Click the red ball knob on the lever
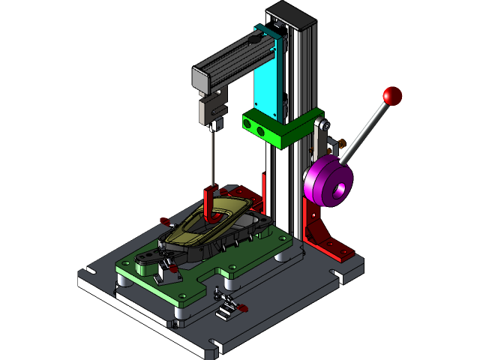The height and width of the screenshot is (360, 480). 392,96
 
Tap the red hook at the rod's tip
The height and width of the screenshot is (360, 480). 210,202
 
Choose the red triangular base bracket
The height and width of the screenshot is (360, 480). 326,236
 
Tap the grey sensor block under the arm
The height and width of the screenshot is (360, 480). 211,109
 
